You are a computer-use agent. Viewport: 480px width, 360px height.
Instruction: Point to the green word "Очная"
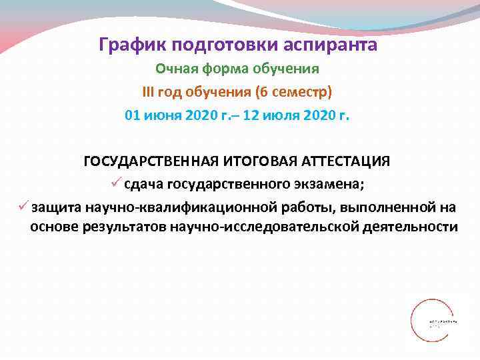(x=175, y=69)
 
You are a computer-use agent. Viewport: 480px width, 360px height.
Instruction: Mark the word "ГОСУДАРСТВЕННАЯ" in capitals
(x=143, y=162)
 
